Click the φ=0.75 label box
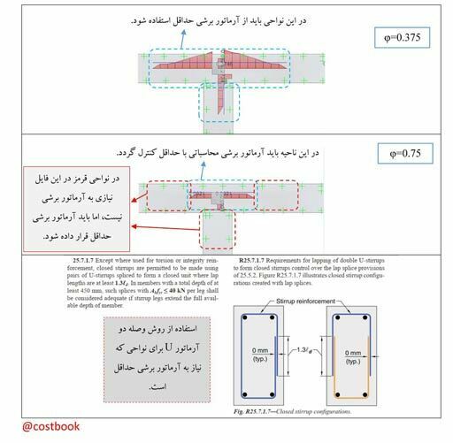coord(398,153)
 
